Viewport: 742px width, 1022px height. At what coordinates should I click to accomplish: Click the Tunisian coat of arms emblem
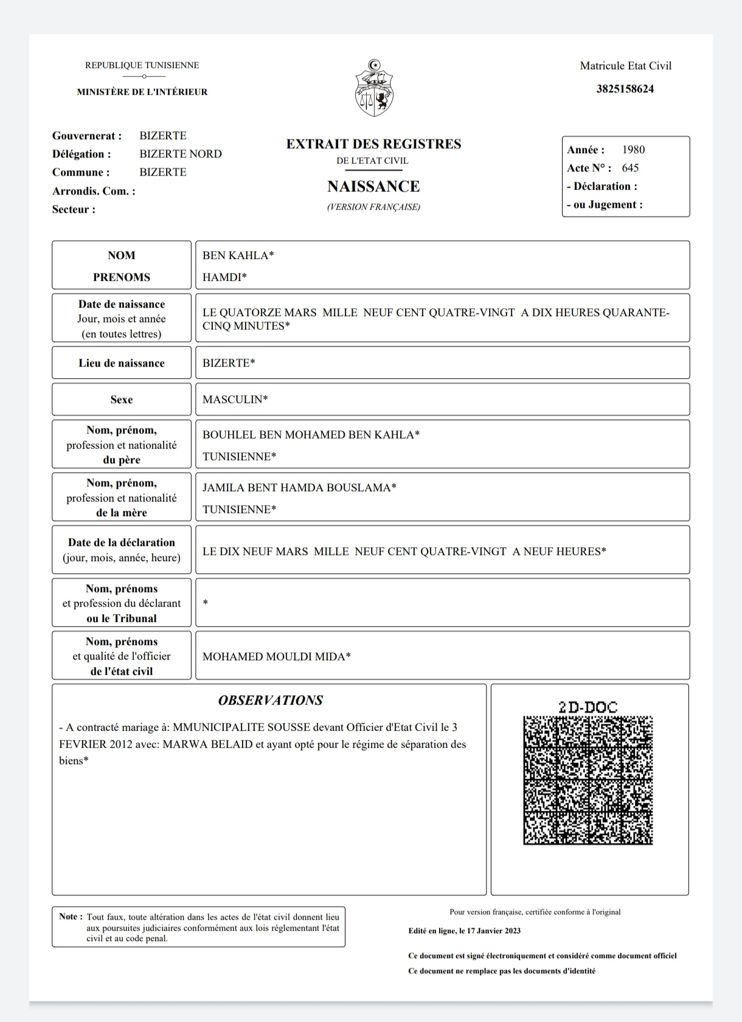[374, 89]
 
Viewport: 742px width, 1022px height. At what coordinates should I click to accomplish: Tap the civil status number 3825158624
[625, 89]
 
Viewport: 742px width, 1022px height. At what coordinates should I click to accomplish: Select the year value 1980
[633, 150]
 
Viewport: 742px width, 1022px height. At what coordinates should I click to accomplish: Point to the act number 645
[630, 168]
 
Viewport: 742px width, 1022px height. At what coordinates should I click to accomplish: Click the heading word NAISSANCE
[373, 186]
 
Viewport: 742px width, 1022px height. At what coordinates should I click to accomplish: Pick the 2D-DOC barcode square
[588, 781]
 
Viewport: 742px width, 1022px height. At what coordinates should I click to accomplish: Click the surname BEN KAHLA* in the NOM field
[238, 255]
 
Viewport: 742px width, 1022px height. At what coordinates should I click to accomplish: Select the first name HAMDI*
[224, 277]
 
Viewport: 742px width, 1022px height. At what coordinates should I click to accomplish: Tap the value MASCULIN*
[235, 399]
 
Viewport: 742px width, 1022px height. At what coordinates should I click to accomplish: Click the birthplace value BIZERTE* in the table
[229, 363]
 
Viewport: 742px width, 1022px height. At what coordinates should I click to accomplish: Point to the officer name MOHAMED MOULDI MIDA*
[276, 657]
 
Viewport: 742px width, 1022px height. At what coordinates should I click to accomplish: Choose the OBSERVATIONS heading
[270, 700]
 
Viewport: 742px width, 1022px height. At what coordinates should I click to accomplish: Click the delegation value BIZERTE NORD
[181, 154]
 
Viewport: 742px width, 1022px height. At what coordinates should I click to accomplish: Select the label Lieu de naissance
[122, 363]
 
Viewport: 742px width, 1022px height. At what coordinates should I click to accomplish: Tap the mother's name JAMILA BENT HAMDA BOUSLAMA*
[299, 488]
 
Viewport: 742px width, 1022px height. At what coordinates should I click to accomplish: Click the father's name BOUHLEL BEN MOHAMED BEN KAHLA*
[311, 435]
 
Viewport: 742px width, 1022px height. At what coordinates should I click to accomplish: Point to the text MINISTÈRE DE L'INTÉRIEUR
[142, 92]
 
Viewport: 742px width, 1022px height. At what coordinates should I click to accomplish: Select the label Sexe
[122, 399]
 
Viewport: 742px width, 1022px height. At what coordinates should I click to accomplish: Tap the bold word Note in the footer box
[68, 917]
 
